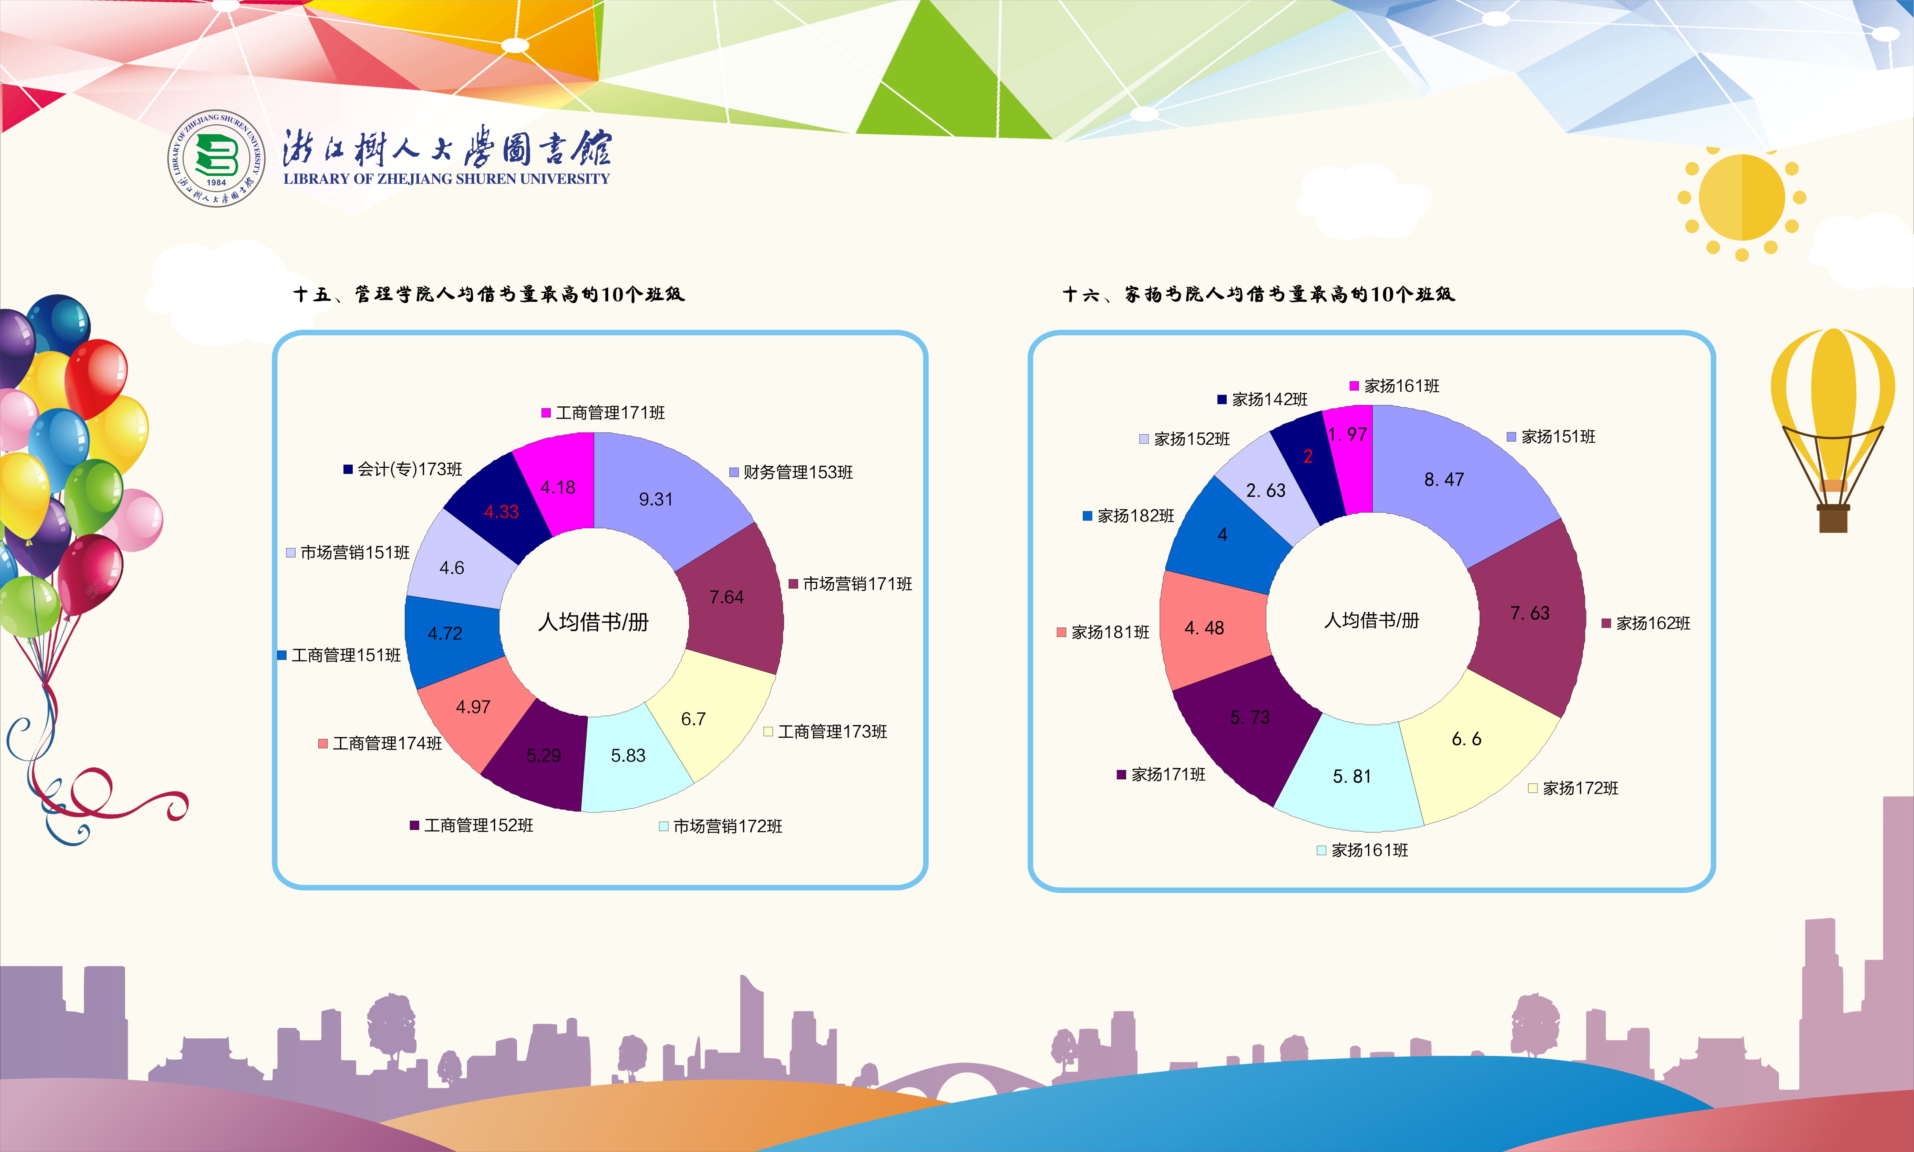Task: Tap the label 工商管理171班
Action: pyautogui.click(x=610, y=413)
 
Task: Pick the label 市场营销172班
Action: pyautogui.click(x=728, y=826)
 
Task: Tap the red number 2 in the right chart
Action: pyautogui.click(x=1308, y=456)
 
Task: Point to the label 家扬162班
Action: pyautogui.click(x=1653, y=623)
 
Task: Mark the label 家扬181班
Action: pyautogui.click(x=1110, y=632)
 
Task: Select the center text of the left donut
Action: pyautogui.click(x=593, y=622)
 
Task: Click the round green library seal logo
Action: pyautogui.click(x=217, y=158)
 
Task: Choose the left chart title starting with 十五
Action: pyautogui.click(x=488, y=294)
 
